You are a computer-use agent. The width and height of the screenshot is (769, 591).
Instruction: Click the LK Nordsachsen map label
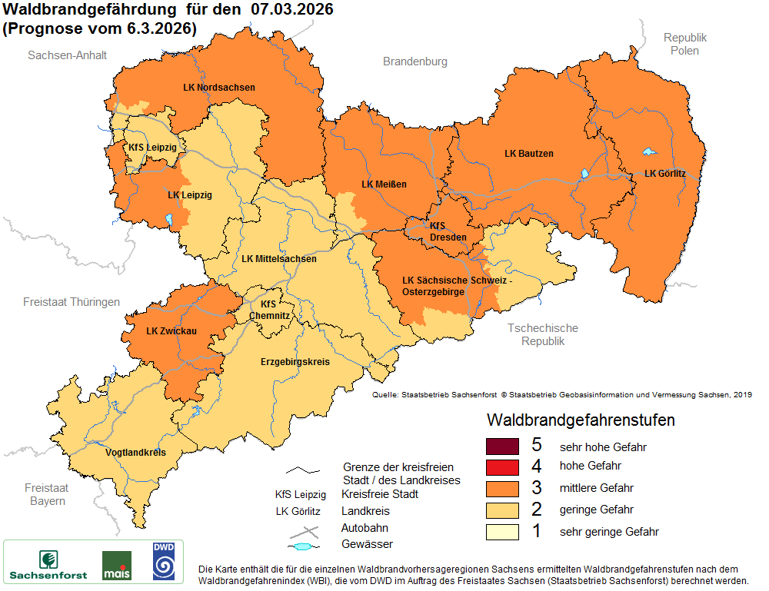219,88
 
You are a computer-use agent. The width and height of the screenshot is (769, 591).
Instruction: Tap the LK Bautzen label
529,154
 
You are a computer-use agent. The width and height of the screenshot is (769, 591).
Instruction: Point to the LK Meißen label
384,184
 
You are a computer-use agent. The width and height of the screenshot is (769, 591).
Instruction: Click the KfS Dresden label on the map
448,231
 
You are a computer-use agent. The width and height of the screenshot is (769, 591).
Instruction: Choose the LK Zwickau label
172,332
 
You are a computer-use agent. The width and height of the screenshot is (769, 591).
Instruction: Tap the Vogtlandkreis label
135,453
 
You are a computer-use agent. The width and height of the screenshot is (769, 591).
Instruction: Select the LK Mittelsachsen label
278,259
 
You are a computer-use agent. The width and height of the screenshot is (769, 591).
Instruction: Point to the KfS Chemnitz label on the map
275,310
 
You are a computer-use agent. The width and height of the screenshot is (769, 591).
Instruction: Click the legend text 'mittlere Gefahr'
597,488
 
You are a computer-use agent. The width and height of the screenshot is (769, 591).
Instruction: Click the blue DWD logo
164,561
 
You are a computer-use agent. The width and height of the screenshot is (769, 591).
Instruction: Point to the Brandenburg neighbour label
415,61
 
